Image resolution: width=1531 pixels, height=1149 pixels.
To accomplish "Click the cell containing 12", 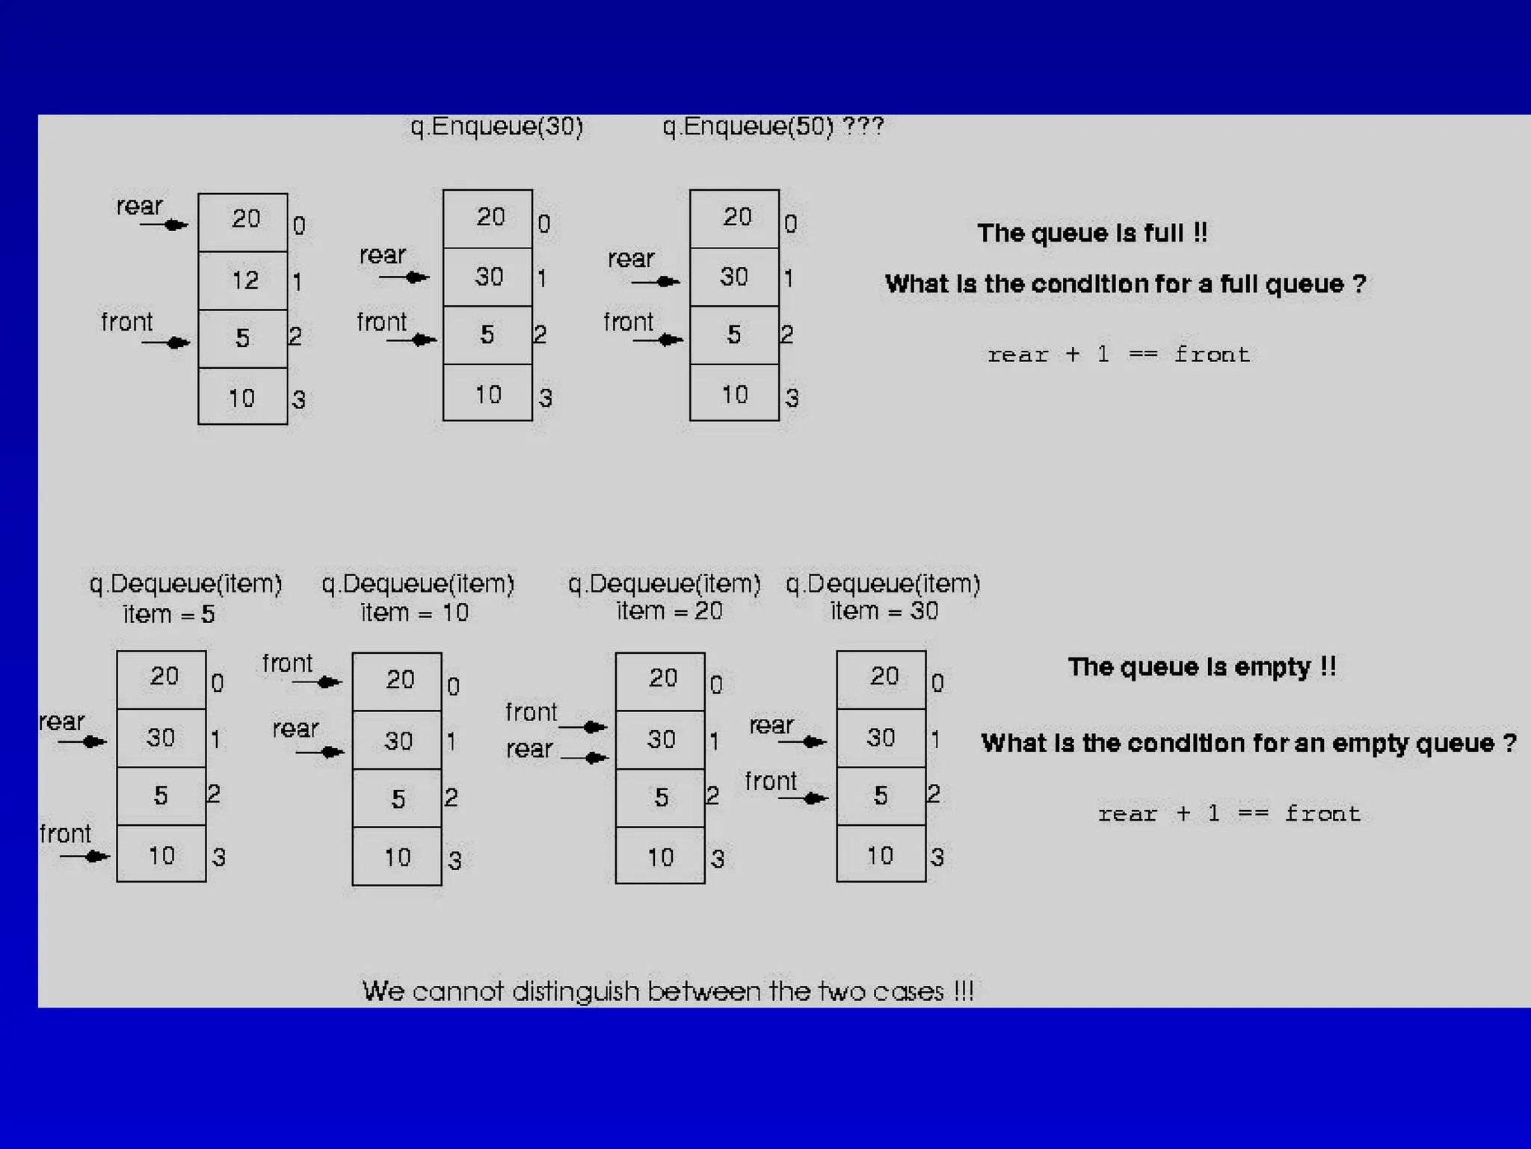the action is (243, 281).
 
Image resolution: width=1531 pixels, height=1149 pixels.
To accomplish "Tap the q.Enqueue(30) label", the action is (497, 126).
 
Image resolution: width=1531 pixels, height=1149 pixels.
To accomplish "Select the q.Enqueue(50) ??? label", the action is (773, 126).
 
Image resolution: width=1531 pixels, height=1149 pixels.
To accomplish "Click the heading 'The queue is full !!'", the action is (1092, 233).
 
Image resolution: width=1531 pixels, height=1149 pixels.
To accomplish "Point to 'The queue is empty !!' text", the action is (1201, 667).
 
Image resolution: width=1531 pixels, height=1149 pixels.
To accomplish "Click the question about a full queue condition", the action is (1125, 284).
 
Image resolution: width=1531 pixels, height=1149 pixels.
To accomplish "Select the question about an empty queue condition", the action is (1248, 743).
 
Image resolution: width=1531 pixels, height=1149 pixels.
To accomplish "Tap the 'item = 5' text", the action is (169, 614).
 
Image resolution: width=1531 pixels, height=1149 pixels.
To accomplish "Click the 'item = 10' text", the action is (415, 613).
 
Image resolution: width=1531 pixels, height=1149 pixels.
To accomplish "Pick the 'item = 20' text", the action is (670, 611).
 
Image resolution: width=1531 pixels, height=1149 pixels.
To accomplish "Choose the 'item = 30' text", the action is (884, 611).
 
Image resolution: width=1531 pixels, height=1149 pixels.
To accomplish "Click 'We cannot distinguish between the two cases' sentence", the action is (668, 991).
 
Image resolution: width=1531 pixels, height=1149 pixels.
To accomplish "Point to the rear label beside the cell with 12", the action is (139, 206).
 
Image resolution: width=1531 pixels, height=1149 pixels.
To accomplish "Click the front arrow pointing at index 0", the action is (318, 681).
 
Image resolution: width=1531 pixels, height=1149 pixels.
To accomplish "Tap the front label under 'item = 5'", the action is (65, 833).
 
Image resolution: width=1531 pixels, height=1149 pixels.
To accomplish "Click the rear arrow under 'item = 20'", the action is (585, 758).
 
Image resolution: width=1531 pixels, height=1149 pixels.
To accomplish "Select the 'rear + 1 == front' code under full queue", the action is (1118, 355).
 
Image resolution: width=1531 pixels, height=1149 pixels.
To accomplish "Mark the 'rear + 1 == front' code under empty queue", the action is (1229, 814).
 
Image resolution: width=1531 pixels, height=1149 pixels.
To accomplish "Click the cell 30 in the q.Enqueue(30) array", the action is (488, 277).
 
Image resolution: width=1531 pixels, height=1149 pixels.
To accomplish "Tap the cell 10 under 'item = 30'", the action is (881, 855).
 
